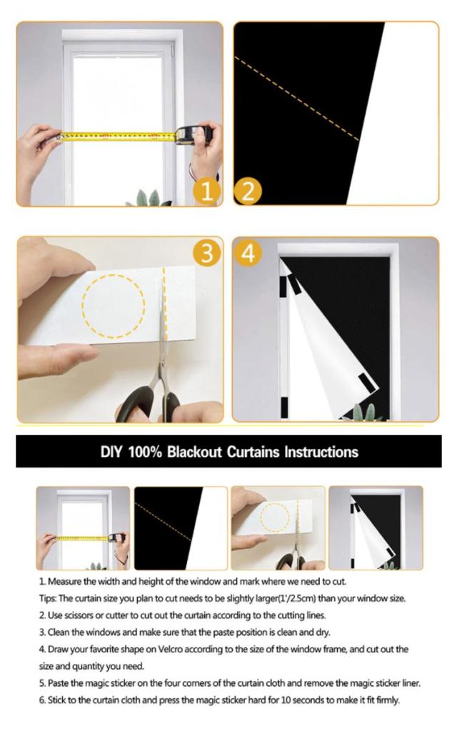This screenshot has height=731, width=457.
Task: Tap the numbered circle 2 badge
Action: [248, 191]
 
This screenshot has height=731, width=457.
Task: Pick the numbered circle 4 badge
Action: [248, 253]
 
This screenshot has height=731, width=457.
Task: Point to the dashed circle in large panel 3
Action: [114, 306]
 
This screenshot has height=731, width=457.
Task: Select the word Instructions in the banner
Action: [321, 452]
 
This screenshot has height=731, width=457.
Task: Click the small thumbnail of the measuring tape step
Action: [83, 528]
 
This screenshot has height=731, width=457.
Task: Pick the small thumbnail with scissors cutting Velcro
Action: [278, 528]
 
